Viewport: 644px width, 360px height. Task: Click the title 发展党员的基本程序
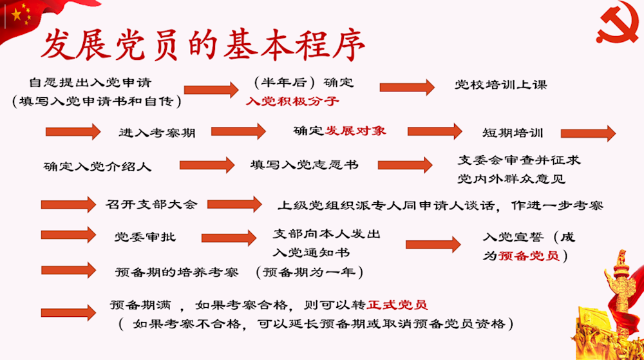[x=203, y=45]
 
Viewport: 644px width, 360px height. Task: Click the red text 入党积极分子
[x=292, y=102]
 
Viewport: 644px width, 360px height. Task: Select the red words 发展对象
[x=355, y=130]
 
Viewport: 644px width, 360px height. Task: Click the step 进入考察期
[x=157, y=133]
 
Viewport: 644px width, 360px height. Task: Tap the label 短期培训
[x=513, y=133]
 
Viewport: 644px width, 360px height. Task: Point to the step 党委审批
[x=145, y=237]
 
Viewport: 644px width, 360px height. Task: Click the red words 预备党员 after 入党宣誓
[x=529, y=255]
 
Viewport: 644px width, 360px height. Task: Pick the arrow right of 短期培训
[x=588, y=133]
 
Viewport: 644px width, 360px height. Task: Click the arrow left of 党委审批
[x=68, y=236]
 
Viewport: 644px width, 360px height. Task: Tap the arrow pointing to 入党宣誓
[x=433, y=243]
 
